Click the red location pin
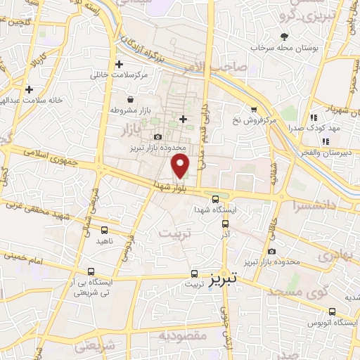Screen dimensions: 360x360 point(181,166)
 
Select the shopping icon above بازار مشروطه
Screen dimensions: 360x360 point(131,100)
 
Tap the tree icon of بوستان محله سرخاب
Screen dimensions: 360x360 point(284,37)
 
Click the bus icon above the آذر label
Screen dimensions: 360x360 point(225,224)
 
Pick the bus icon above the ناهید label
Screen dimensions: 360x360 point(105,230)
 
